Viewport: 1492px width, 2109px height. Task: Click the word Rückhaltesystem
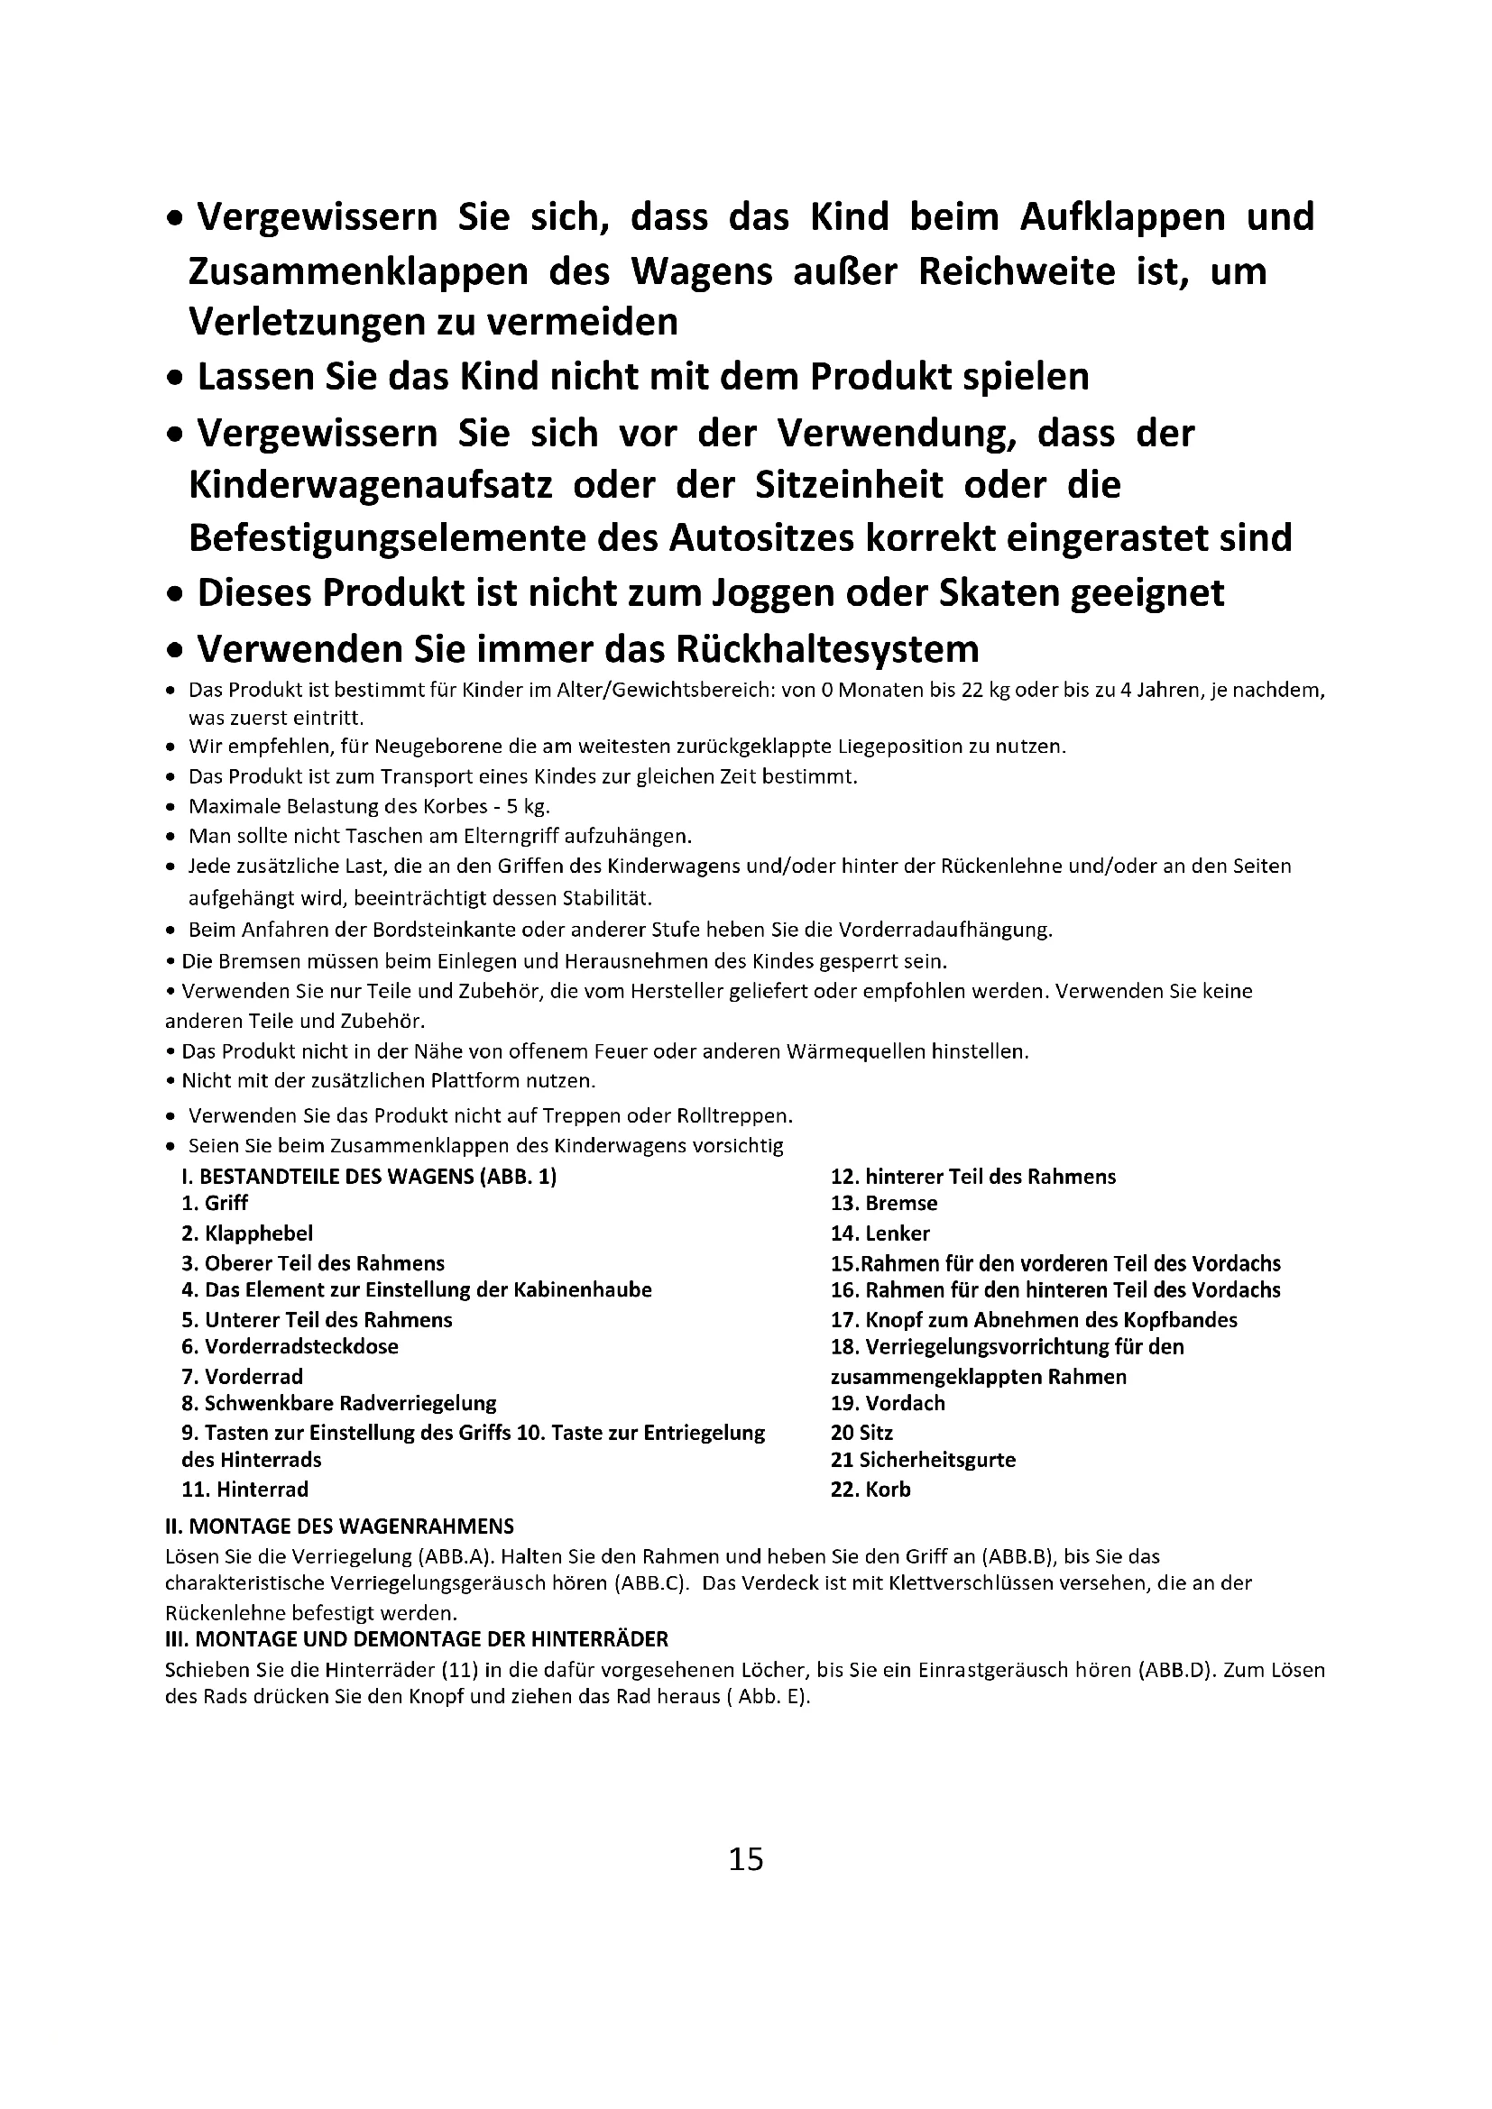tap(828, 649)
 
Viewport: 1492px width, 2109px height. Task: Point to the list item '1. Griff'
tap(215, 1204)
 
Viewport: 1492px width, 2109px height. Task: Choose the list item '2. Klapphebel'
tap(247, 1233)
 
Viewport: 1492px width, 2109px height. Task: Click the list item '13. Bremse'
tap(884, 1204)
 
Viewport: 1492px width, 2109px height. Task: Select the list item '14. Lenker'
tap(880, 1233)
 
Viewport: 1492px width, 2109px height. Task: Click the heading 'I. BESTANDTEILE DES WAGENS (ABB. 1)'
tap(369, 1177)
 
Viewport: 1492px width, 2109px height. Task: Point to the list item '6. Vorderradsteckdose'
tap(290, 1346)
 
